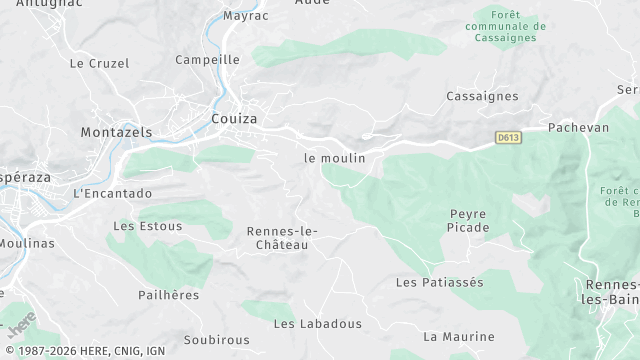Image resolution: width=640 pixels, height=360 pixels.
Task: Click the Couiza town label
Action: tap(234, 119)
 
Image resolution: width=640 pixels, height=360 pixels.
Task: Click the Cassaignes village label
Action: tap(482, 96)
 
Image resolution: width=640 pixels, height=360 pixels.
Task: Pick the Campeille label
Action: tap(207, 60)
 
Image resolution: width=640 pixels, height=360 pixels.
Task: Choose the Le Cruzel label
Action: tap(99, 63)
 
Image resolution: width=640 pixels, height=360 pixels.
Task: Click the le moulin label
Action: tap(335, 158)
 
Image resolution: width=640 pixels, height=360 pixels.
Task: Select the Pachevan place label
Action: tap(578, 129)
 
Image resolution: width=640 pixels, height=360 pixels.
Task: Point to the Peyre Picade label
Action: tap(469, 221)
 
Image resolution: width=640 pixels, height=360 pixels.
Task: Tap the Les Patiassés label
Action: tap(439, 283)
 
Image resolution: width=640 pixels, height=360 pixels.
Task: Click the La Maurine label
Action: tap(459, 337)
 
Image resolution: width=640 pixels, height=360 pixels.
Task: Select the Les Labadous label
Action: tap(318, 324)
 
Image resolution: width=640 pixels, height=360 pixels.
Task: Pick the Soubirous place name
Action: tap(216, 340)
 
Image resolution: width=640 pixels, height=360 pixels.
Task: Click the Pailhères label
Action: tap(169, 296)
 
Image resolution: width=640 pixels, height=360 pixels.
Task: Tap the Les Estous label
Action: tap(148, 226)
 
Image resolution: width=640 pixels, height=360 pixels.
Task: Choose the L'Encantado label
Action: tap(113, 193)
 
